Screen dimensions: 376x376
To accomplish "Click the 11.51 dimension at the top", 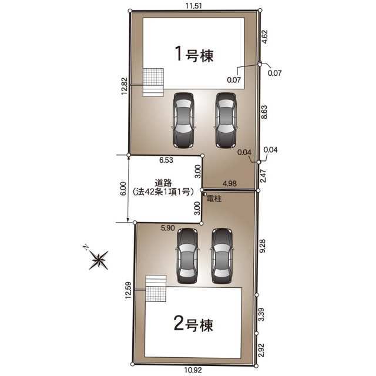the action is tap(193, 6).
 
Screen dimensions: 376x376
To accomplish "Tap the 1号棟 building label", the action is tap(194, 55).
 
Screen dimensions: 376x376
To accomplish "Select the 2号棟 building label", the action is tap(193, 324).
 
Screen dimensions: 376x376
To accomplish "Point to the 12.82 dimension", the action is tap(124, 86).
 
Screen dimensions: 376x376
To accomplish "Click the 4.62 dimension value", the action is tap(264, 36).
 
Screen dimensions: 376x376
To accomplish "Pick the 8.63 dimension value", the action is tap(264, 112).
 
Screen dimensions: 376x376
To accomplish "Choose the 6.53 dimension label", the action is tap(166, 160).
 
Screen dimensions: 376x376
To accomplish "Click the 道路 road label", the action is tap(163, 183).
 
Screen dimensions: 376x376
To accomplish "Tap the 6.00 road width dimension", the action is tap(123, 189).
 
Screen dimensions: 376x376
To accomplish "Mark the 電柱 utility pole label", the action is tap(214, 199).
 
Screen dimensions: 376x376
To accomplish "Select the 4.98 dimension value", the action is tap(230, 183).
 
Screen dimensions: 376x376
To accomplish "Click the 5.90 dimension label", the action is tap(167, 228).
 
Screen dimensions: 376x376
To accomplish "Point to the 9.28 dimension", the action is tap(263, 246).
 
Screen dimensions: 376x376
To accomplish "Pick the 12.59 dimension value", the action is tap(129, 290).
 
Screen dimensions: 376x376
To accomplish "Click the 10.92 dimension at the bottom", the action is tap(193, 370).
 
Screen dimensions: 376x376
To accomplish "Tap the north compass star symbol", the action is tap(99, 260).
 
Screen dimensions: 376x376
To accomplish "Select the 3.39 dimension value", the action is tap(261, 314).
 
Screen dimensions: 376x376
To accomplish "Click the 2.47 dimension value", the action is tap(263, 176).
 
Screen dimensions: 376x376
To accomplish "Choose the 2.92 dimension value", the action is tap(261, 350).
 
